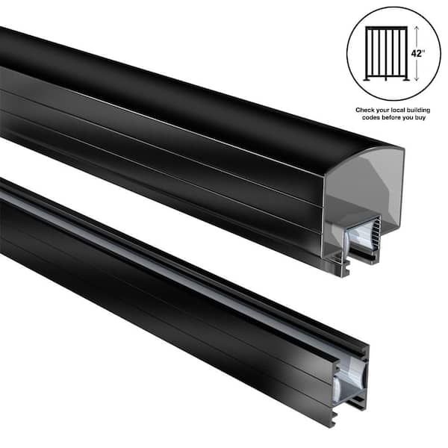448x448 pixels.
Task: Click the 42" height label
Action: (x=418, y=54)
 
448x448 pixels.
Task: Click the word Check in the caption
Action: (x=364, y=109)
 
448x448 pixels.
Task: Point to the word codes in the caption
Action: (x=369, y=118)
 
